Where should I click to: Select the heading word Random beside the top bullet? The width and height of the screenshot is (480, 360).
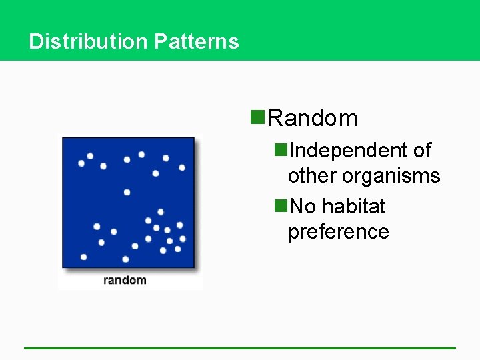click(x=312, y=118)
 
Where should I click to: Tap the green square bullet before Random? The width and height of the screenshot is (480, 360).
click(x=257, y=118)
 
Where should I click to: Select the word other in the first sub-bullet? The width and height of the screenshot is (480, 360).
click(x=312, y=176)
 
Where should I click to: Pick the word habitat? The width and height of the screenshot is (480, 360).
click(x=354, y=207)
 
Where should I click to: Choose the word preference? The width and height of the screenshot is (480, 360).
click(x=338, y=232)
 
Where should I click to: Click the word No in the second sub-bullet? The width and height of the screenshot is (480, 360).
click(x=303, y=207)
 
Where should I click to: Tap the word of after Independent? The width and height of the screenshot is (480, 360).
click(x=422, y=151)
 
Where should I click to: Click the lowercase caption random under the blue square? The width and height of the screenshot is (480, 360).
click(x=125, y=279)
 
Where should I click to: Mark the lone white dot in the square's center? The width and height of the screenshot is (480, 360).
click(x=127, y=192)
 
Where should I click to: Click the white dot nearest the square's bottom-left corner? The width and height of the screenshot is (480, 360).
click(x=83, y=257)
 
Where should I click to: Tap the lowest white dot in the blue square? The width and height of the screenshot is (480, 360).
click(x=125, y=259)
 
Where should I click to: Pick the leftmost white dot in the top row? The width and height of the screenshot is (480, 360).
click(x=81, y=163)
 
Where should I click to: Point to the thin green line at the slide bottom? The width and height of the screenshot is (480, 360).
click(x=240, y=347)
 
